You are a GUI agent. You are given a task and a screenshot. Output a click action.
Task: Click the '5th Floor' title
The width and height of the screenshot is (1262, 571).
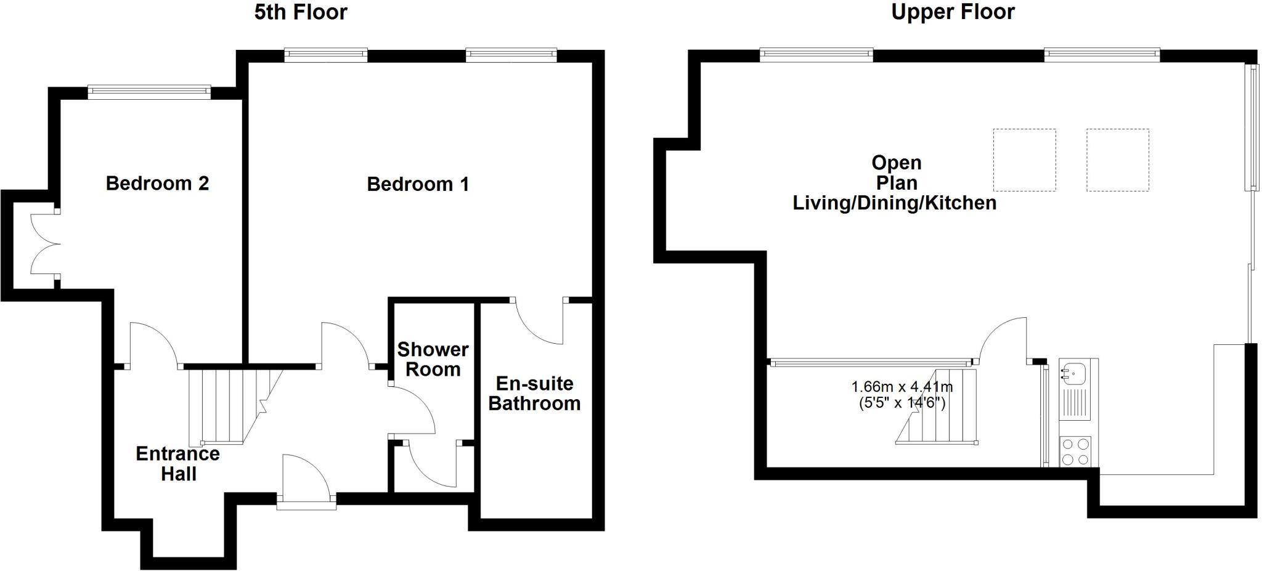click(301, 12)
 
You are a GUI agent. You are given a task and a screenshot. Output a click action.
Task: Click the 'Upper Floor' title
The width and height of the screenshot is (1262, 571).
click(953, 12)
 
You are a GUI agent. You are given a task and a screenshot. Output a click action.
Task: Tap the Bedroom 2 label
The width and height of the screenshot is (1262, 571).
click(157, 184)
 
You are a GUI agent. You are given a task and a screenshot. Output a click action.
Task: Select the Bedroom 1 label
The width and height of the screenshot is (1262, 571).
click(418, 184)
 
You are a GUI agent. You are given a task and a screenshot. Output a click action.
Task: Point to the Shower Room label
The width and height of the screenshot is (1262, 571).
click(433, 360)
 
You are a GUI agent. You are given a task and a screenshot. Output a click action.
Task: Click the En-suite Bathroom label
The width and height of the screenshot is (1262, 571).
click(534, 394)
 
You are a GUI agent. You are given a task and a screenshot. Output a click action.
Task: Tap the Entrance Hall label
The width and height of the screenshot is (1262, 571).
click(178, 464)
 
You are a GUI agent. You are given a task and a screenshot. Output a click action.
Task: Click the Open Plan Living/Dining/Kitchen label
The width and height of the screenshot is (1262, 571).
click(895, 183)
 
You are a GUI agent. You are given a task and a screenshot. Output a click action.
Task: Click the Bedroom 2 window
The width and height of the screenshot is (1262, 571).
click(149, 92)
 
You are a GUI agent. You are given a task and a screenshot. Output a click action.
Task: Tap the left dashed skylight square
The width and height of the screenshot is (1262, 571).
click(1024, 160)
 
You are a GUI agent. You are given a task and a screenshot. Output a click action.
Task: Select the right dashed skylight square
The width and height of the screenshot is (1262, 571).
click(1117, 160)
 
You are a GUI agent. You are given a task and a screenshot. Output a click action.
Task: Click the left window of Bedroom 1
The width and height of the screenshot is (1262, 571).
click(325, 55)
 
